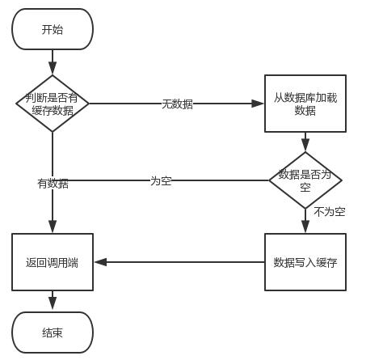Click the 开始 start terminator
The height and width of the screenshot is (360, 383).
coord(53,30)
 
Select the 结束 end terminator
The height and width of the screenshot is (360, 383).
coord(53,332)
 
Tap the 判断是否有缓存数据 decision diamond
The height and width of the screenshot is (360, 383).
coord(53,104)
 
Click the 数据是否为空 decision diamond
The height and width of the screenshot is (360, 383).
coord(305,180)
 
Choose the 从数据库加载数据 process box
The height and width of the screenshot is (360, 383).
coord(305,104)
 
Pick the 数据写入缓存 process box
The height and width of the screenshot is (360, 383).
coord(305,262)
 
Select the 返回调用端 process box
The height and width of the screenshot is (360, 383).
coord(53,262)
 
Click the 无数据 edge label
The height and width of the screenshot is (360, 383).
coord(177,104)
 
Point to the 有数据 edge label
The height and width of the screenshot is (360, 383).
coord(53,184)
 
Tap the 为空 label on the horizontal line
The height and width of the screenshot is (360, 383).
coord(161,180)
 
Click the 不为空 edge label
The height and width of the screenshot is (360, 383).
coord(329,212)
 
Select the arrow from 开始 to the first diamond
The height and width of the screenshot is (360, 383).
coord(53,61)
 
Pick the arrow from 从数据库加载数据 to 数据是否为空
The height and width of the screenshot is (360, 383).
coord(305,142)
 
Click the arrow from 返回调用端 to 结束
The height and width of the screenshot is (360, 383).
coord(53,301)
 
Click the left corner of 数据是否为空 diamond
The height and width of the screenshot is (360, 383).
coord(270,180)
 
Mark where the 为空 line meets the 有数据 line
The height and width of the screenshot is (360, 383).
coord(53,180)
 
